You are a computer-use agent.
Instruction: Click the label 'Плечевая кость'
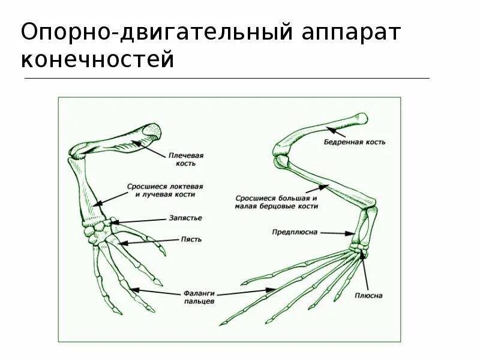(190, 159)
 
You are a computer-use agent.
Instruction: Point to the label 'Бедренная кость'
(355, 142)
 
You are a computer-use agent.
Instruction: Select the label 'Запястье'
(190, 218)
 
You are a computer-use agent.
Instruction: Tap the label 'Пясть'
(191, 239)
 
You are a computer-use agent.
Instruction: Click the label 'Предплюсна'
(295, 231)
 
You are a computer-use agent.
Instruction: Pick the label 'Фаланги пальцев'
(200, 298)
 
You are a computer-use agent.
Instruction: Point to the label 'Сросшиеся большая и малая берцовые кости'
(277, 201)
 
